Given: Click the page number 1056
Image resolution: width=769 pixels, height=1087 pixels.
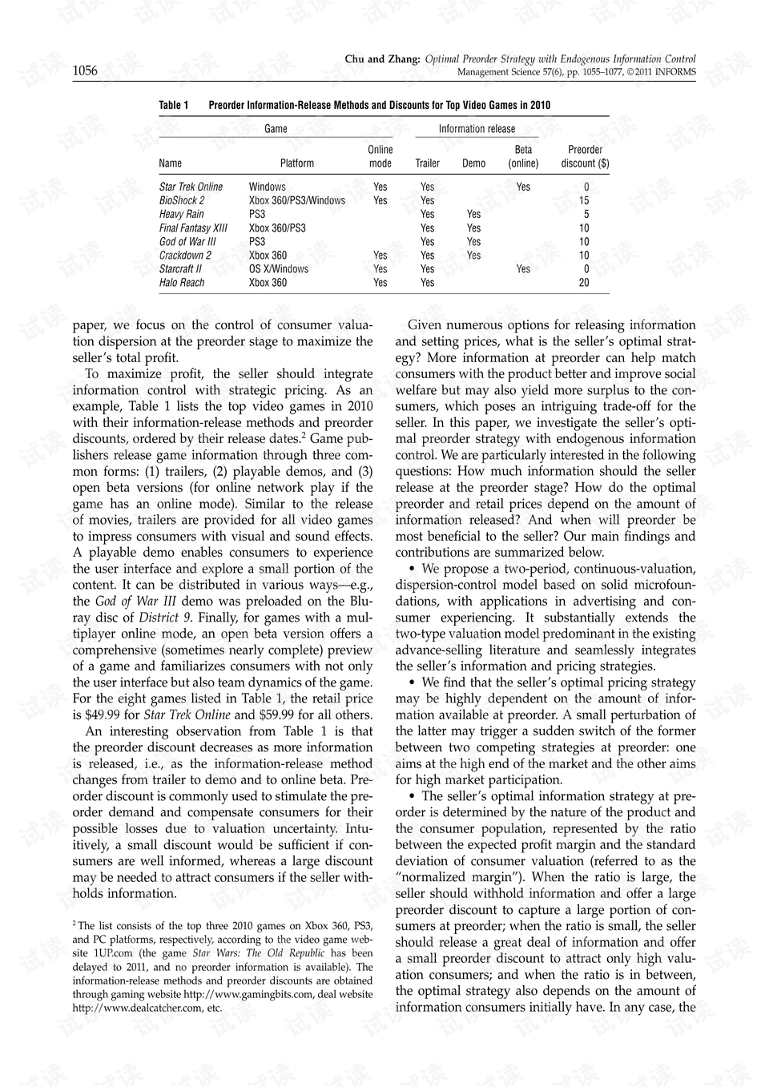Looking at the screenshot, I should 85,71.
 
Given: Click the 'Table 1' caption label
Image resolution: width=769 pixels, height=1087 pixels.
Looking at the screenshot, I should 174,105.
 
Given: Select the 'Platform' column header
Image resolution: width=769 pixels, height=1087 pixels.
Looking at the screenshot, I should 297,163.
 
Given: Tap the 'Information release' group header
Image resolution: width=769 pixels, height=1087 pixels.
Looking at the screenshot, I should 477,129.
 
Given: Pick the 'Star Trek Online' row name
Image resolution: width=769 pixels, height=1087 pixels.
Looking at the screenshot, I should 191,187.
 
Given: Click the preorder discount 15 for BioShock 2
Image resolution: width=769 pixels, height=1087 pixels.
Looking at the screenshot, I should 584,201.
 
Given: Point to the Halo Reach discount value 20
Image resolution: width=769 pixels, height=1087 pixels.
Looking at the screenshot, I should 584,283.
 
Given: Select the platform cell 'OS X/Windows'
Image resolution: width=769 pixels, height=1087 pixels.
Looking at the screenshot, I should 279,269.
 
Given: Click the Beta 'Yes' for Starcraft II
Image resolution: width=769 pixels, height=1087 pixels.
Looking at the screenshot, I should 523,269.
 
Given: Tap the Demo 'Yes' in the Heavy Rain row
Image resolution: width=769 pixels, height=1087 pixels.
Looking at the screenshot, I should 473,215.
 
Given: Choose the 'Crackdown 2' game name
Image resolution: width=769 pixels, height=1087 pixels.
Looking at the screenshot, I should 185,256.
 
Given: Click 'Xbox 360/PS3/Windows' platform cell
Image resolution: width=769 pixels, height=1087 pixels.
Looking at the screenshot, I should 297,201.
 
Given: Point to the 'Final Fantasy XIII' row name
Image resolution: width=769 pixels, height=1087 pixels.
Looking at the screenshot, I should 193,228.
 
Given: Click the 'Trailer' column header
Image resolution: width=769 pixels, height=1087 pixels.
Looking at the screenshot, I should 427,163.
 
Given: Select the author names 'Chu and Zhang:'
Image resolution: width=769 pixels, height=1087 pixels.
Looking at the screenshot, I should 382,59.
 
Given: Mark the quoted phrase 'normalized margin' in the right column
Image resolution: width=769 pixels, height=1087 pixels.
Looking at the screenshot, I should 450,877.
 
